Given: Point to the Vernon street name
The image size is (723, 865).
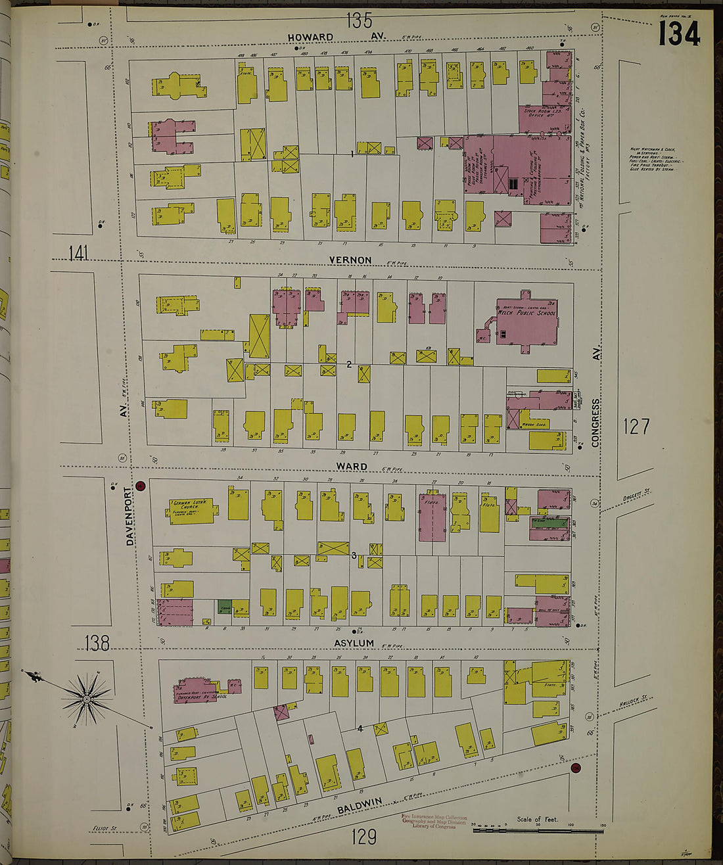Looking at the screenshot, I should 350,260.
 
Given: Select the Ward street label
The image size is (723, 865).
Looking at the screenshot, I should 352,467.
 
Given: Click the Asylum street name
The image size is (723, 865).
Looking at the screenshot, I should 354,643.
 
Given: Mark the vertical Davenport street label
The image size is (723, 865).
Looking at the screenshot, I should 129,519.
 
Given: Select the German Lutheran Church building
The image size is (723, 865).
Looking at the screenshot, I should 191,509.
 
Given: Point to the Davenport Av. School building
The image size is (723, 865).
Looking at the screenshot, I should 200,690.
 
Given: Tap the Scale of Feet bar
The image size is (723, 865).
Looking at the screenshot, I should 538,830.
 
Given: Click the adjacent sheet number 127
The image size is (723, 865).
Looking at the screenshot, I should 636,427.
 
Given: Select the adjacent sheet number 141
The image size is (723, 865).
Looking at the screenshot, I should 78,253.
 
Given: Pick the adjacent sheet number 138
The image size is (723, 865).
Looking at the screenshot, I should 97,642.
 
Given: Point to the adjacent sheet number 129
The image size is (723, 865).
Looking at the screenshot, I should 363,836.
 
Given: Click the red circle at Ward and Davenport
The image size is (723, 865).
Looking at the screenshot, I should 140,486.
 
